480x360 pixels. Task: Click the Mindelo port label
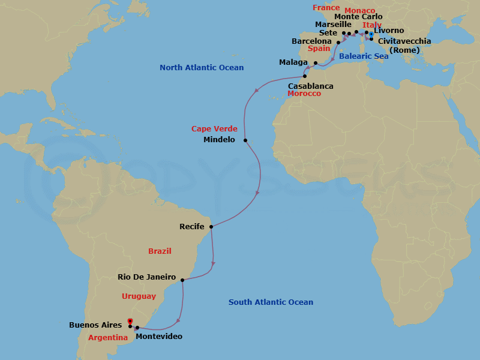point(220,140)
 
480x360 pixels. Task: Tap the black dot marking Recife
point(211,227)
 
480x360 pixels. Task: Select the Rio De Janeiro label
point(147,277)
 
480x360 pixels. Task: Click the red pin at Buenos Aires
point(130,322)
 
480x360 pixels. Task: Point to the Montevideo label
point(159,337)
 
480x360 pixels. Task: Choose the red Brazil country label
point(160,251)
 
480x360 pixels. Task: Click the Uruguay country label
point(139,296)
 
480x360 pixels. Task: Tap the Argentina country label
point(108,338)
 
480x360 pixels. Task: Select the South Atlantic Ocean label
point(271,302)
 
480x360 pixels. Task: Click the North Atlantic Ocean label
point(202,68)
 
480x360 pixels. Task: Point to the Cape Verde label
point(214,129)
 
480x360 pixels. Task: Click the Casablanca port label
point(311,86)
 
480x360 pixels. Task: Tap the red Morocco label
point(304,94)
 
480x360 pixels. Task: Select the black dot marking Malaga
point(316,62)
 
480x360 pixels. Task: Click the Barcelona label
point(311,41)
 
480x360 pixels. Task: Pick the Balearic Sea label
point(364,56)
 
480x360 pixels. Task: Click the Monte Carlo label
point(358,17)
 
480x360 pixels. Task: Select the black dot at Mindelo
point(245,140)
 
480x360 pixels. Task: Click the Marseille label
point(333,25)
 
